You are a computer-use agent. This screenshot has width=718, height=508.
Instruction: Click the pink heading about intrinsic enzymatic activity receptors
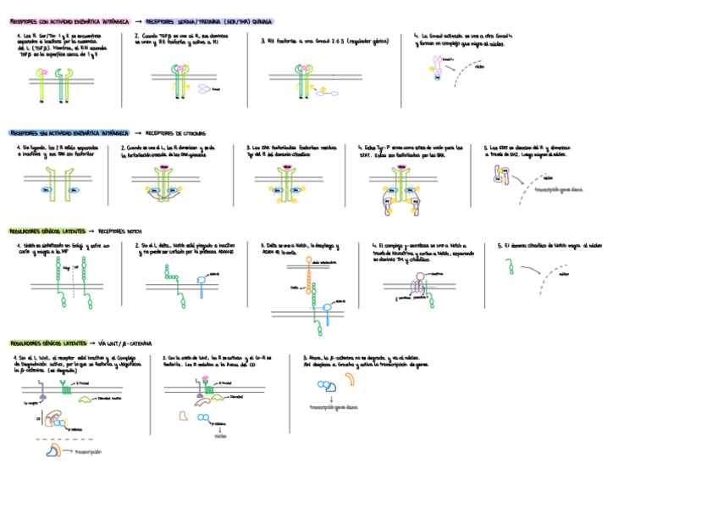coord(69,21)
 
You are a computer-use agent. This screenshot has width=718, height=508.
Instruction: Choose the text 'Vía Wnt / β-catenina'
coord(124,343)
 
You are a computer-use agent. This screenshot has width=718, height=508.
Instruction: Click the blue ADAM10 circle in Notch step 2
coord(199,276)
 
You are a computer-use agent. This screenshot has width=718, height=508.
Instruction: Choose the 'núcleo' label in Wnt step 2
coord(220,438)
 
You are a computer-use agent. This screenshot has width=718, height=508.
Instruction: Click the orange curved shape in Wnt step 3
coord(350,379)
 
